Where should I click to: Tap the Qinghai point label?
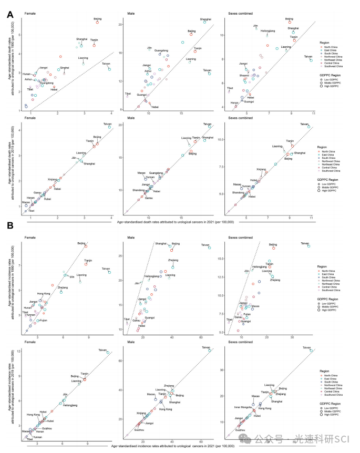[64, 68]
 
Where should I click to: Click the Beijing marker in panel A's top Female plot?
[97, 22]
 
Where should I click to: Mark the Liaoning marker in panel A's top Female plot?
[83, 63]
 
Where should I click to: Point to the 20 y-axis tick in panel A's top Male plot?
[121, 24]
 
